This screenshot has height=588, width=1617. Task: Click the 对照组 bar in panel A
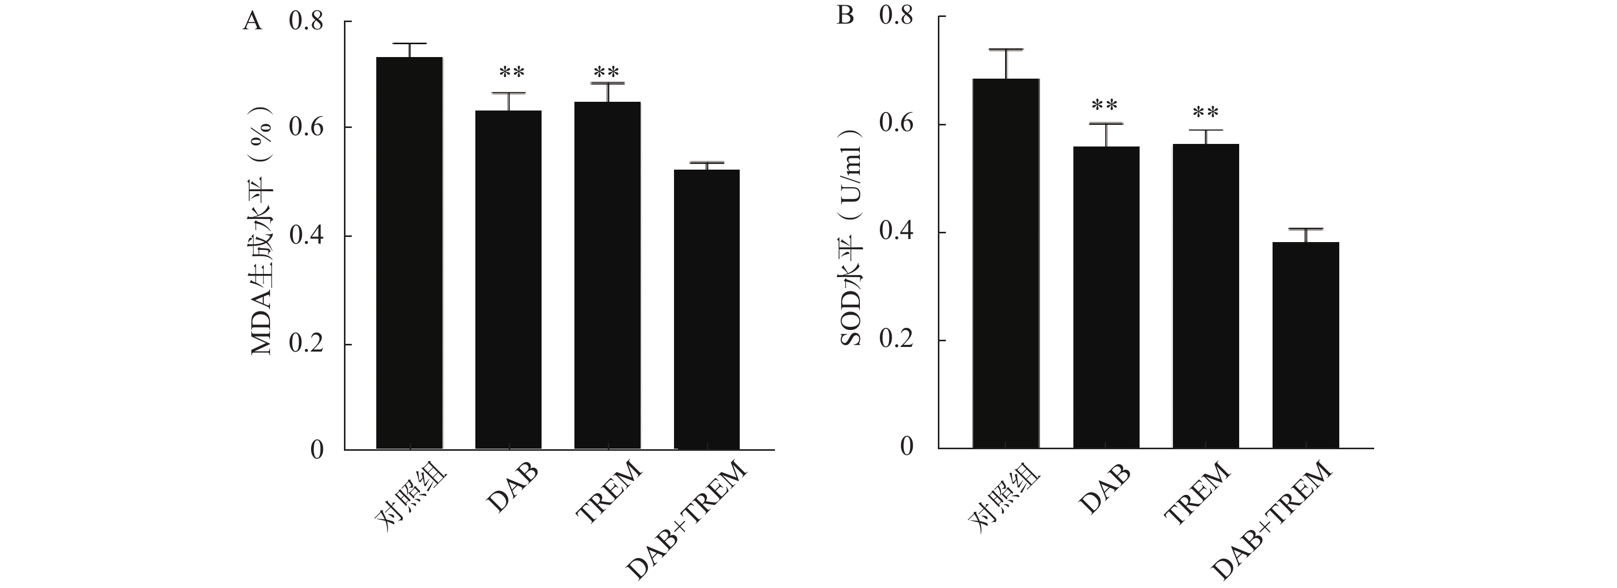point(409,251)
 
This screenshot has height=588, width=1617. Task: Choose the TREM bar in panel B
point(1205,295)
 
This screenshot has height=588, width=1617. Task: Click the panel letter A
point(252,22)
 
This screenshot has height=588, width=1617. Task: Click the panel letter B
point(845,15)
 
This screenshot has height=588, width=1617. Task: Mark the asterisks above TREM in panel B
point(1205,113)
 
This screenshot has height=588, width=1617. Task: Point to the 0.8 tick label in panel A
point(306,22)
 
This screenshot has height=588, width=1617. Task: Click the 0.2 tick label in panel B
point(896,340)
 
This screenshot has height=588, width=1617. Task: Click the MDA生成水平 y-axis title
point(262,238)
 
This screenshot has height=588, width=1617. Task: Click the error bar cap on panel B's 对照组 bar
point(1006,49)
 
